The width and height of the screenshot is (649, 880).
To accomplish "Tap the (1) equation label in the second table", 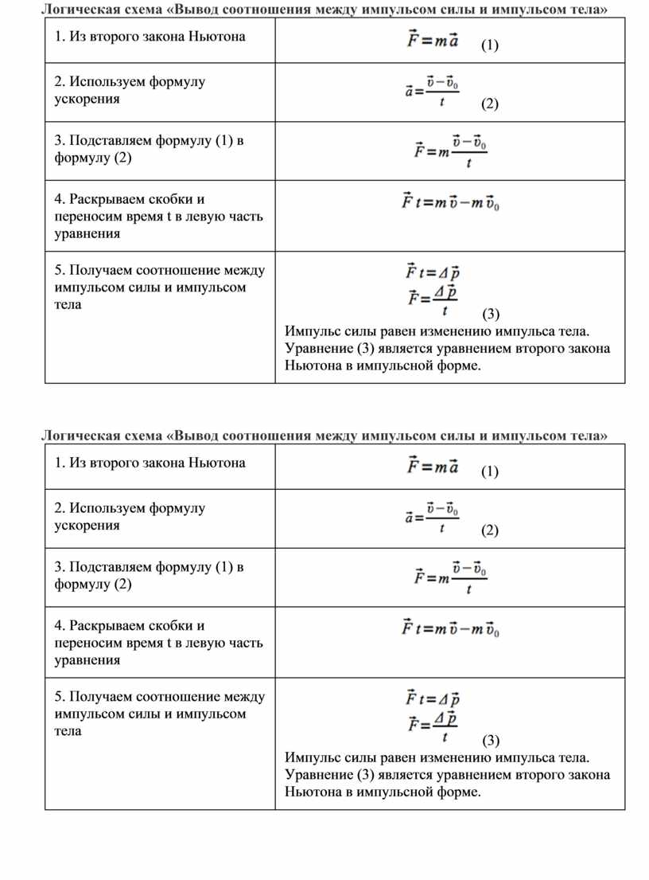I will tap(490, 472).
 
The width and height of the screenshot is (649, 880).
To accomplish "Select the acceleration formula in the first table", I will tap(431, 92).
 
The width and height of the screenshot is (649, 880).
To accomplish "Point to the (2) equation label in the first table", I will tap(489, 104).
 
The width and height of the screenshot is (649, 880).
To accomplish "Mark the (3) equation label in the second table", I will tap(492, 739).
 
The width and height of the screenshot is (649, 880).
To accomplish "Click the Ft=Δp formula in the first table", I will tap(433, 272).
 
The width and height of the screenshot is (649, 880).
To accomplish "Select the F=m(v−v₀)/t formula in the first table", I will tap(450, 149).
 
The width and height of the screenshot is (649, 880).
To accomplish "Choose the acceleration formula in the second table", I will tap(431, 518).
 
